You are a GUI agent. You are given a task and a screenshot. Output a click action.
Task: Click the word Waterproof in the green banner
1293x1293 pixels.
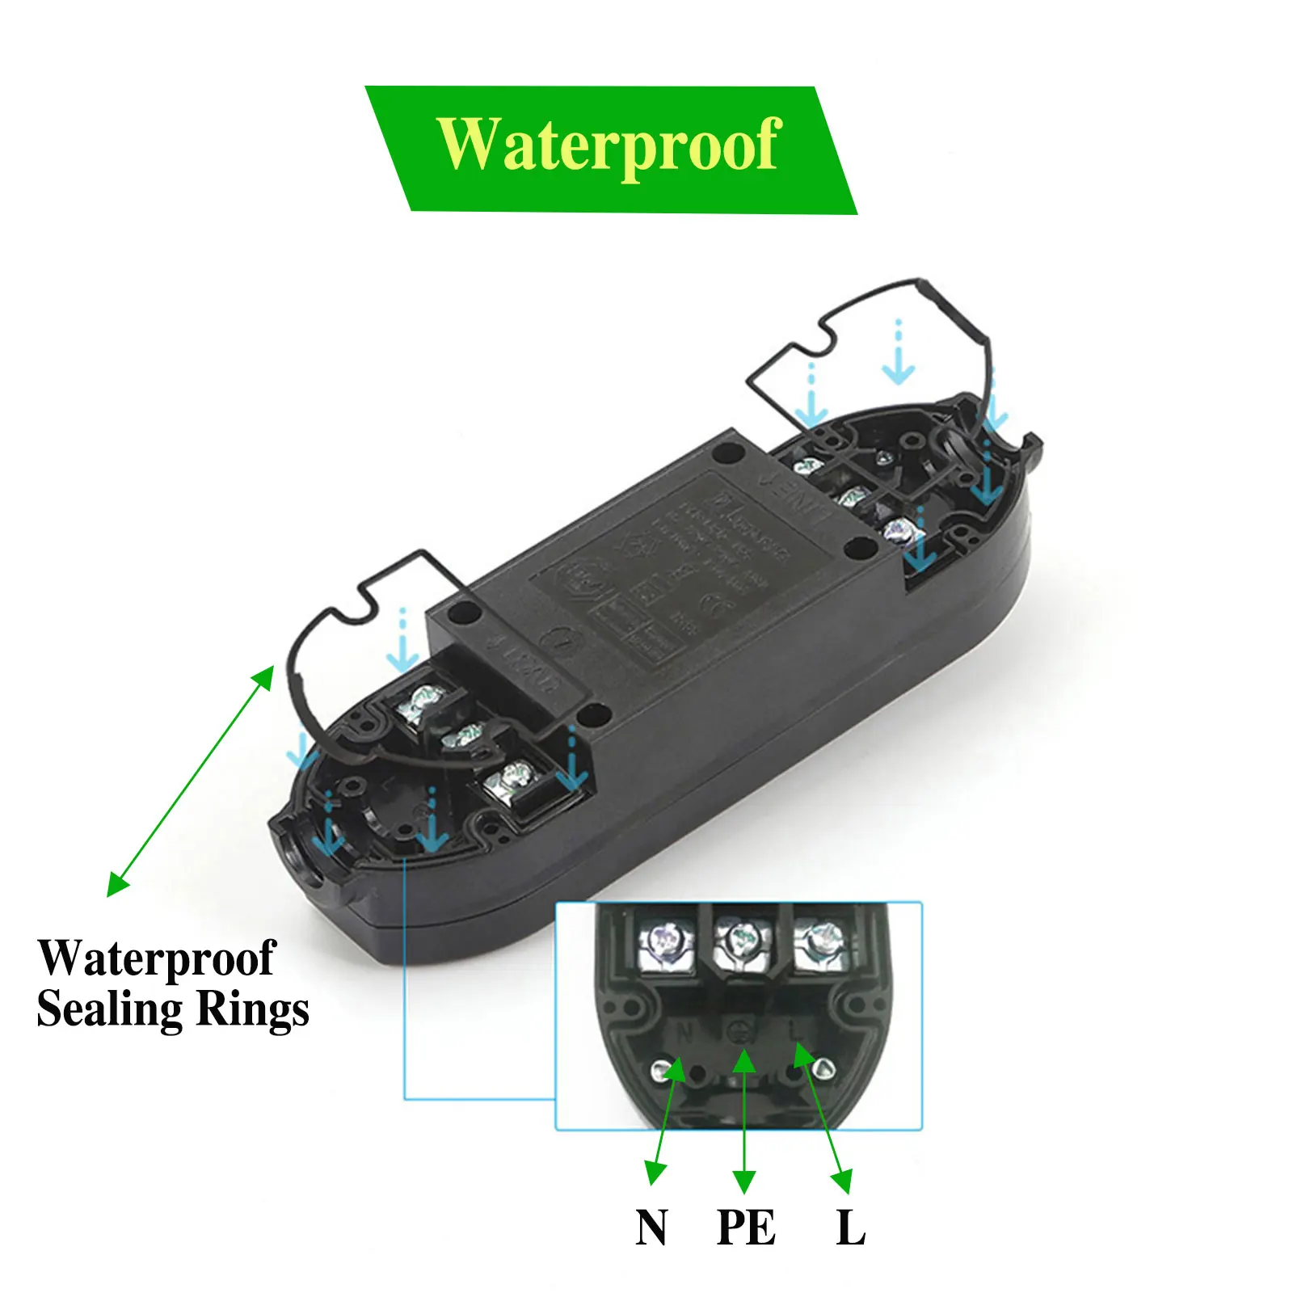click(609, 145)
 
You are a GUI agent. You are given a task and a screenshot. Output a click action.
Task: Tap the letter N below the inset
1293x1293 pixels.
click(651, 1228)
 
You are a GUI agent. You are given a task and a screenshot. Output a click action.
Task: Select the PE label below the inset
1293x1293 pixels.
click(746, 1228)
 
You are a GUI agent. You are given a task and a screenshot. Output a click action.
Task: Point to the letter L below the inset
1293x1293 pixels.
click(850, 1228)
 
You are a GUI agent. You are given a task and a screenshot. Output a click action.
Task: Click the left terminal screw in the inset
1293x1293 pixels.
click(668, 941)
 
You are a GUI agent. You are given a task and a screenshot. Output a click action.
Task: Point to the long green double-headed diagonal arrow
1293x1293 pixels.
click(190, 781)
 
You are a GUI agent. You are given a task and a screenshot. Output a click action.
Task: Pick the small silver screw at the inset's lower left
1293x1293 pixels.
click(660, 1072)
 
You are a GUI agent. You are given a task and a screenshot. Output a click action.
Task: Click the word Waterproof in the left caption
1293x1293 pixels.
click(157, 959)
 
